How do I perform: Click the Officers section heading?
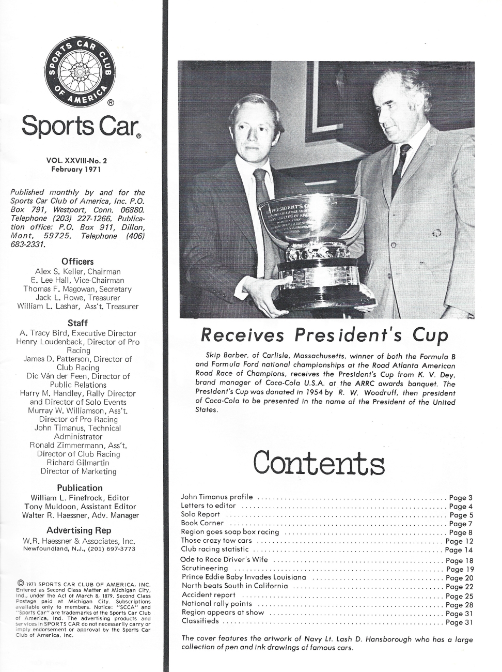point(77,261)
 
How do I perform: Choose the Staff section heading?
point(77,323)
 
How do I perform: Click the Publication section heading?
point(80,487)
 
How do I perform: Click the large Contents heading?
point(319,463)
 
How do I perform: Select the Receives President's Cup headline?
point(324,335)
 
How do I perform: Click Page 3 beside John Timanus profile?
point(461,498)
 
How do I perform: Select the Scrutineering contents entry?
point(205,569)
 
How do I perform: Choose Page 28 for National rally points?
point(459,604)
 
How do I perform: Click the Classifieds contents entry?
point(200,621)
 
